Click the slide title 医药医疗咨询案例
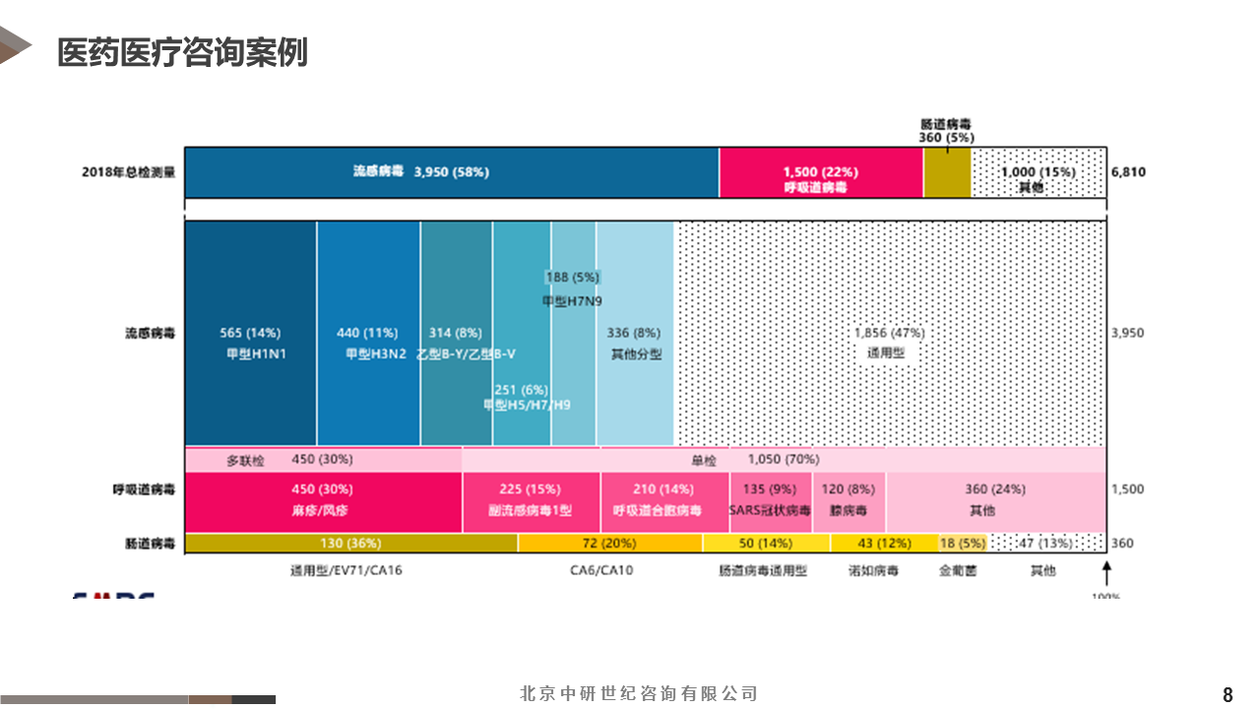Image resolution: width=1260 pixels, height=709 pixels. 182,52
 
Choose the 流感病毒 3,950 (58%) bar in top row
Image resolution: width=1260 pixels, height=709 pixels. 451,172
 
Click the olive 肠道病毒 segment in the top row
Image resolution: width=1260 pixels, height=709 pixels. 947,172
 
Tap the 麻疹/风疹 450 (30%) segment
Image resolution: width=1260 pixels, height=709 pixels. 323,501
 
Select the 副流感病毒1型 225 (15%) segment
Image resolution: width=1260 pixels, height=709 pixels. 531,501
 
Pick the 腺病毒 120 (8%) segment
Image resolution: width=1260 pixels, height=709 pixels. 848,501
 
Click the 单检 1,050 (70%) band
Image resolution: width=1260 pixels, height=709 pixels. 783,459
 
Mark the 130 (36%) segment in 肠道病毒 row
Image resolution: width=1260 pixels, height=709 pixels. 350,543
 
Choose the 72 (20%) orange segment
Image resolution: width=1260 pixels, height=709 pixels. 610,543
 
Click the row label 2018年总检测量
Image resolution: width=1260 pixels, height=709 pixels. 128,172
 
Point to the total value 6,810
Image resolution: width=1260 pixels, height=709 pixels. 1128,172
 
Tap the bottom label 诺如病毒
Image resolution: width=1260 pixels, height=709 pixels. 873,570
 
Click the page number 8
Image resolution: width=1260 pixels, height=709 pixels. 1228,694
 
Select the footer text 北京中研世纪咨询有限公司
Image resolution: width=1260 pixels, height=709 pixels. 639,694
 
